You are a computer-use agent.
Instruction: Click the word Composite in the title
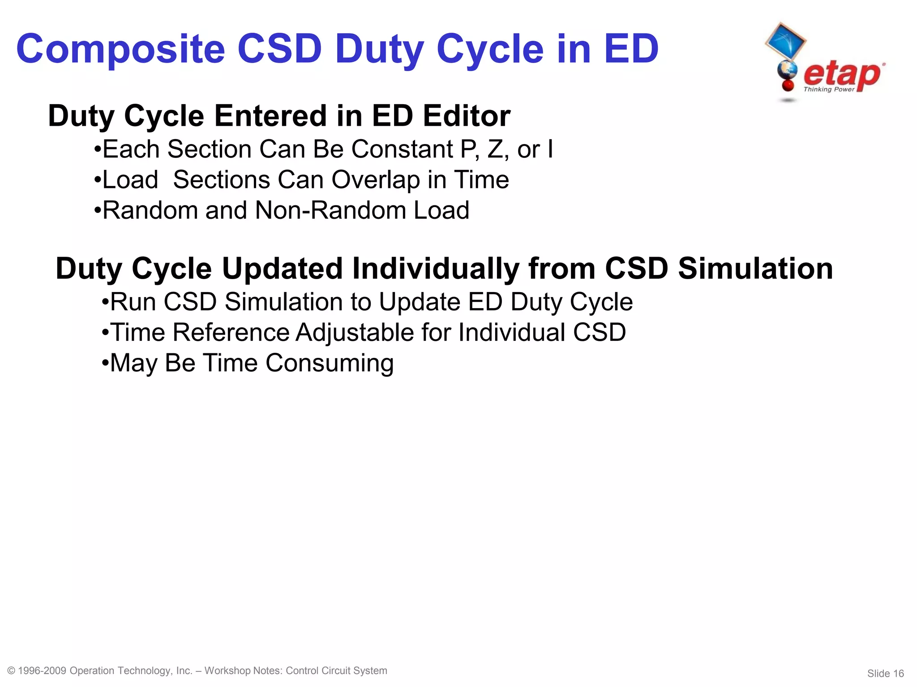pos(120,49)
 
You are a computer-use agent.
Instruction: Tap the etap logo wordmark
pos(842,74)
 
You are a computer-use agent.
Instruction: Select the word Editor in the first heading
pos(467,116)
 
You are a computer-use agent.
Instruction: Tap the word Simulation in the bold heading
pos(755,269)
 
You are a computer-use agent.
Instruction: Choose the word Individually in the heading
pos(435,269)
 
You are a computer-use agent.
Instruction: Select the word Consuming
pos(330,363)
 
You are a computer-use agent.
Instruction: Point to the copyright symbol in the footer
pos(12,671)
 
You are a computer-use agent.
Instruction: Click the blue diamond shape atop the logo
pos(785,41)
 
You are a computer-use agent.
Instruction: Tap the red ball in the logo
pos(788,85)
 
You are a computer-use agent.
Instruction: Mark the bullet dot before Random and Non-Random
pos(98,209)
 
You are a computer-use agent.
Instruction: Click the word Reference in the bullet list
pos(231,333)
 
